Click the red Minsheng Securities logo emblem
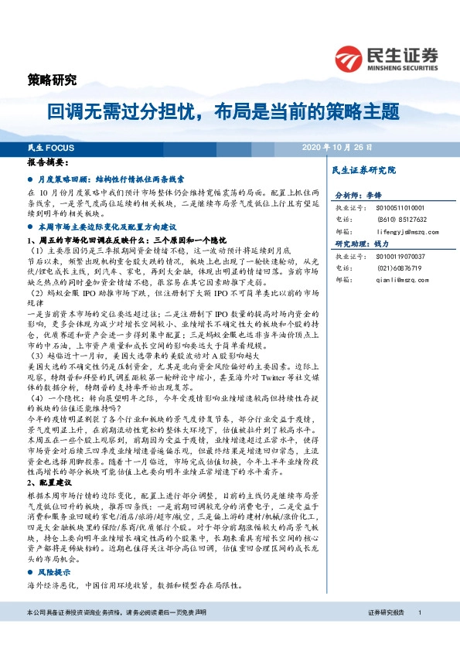pos(350,57)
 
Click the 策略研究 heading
pos(53,79)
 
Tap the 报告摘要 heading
pos(48,164)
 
